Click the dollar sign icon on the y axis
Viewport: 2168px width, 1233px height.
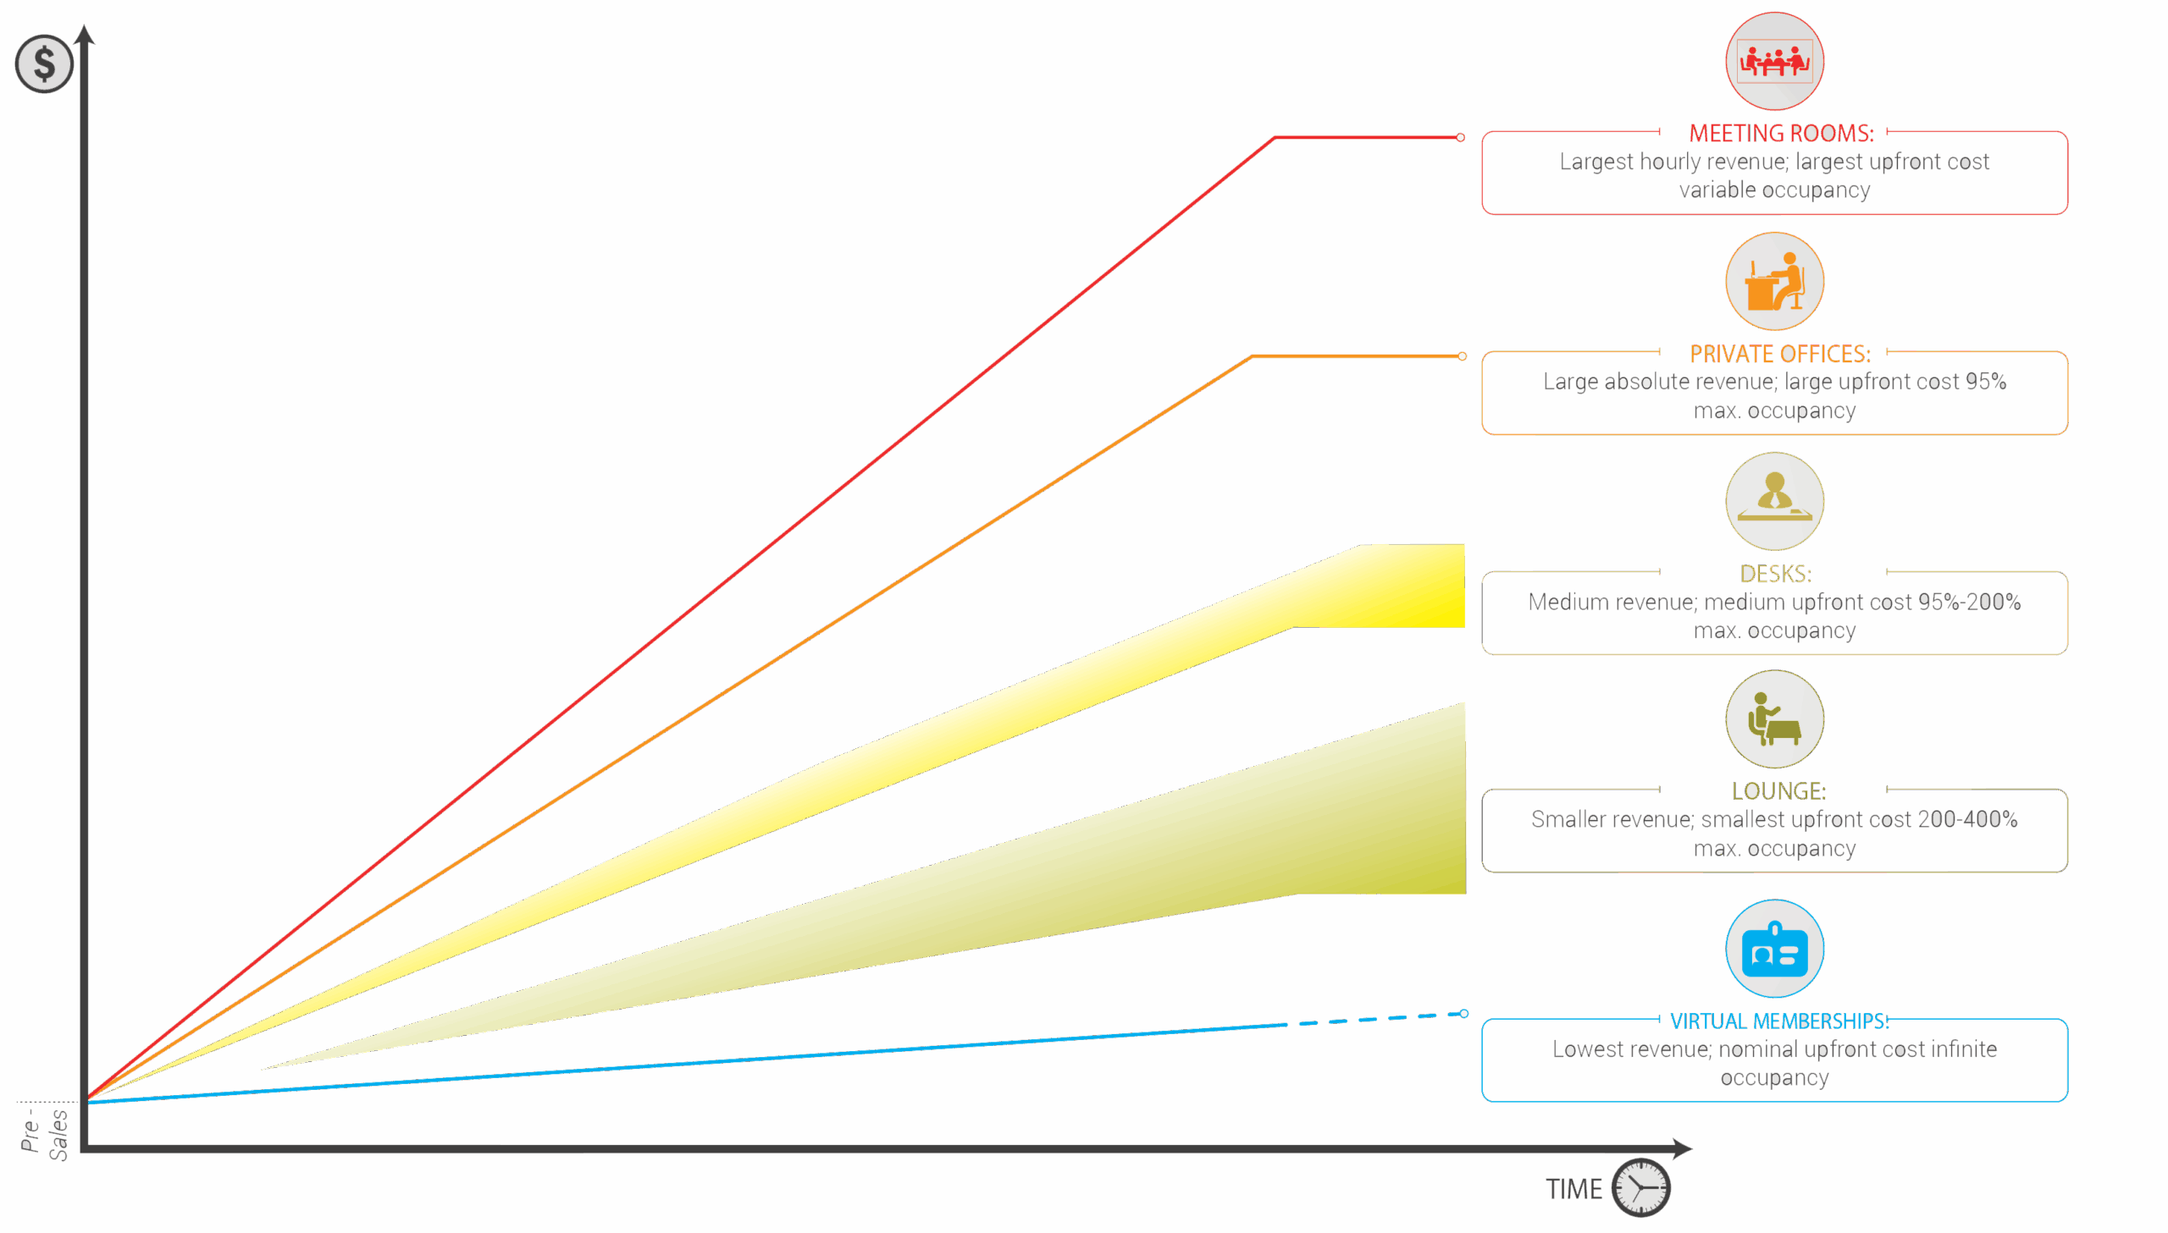click(44, 64)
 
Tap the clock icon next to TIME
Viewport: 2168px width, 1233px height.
click(1640, 1187)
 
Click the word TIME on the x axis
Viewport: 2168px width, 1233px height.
click(1573, 1189)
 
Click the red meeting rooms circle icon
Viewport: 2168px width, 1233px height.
click(1774, 61)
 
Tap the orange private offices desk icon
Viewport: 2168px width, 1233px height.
click(1774, 281)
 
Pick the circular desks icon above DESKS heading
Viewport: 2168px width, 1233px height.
click(1774, 501)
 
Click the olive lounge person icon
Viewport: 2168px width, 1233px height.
click(1774, 720)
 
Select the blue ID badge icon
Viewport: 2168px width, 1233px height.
click(1774, 950)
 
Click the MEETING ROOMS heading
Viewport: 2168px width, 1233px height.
click(1780, 133)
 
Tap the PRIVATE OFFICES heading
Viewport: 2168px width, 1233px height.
click(1779, 353)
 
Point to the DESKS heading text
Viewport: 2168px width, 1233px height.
click(1775, 573)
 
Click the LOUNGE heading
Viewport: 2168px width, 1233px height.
click(1778, 791)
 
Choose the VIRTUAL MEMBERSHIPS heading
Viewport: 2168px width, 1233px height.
click(1778, 1021)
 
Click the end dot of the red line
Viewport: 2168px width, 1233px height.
click(1461, 137)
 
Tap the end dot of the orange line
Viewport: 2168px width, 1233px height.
click(1463, 355)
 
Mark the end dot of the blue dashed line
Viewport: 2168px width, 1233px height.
click(1464, 1013)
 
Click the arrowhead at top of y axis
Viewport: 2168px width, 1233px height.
click(84, 34)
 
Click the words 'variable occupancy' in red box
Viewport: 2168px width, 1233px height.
click(1774, 190)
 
